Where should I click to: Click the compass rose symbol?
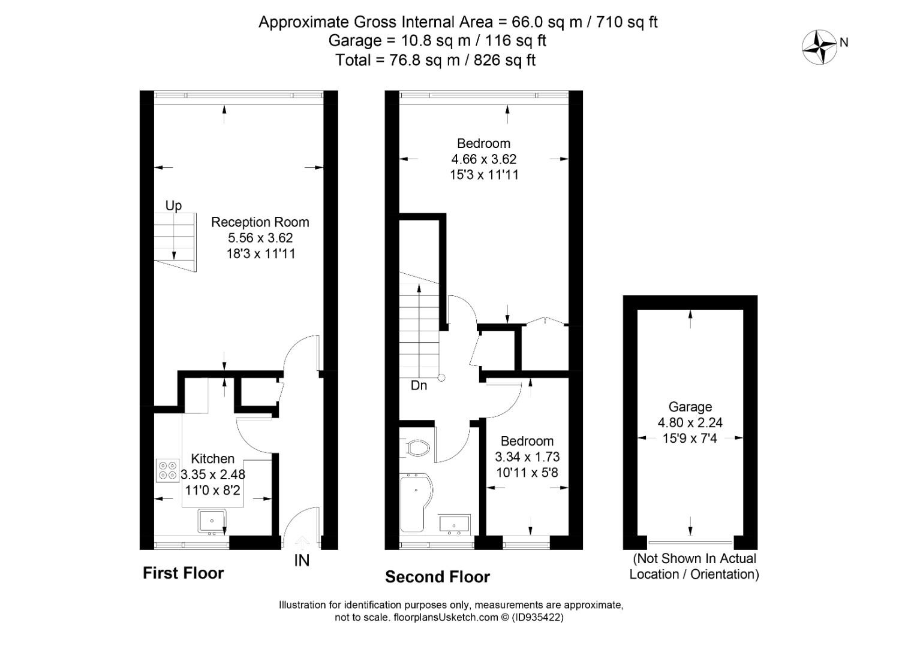[819, 47]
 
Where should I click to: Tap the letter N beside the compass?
[844, 43]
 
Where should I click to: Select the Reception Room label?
[260, 222]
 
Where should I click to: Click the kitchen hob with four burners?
[168, 470]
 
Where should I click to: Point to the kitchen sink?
[212, 521]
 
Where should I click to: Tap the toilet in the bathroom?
[417, 448]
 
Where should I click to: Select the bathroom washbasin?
[454, 525]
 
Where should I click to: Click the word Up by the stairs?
[173, 205]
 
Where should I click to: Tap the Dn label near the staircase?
[419, 386]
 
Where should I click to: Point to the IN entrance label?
[302, 560]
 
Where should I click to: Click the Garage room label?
[690, 407]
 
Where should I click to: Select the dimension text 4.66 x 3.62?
[483, 159]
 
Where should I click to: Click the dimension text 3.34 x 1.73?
[527, 456]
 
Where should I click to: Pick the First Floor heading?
[183, 573]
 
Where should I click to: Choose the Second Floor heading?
[437, 578]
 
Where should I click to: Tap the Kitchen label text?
[212, 459]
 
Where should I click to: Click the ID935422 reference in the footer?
[537, 617]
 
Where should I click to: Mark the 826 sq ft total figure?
[504, 60]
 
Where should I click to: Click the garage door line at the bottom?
[690, 542]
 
